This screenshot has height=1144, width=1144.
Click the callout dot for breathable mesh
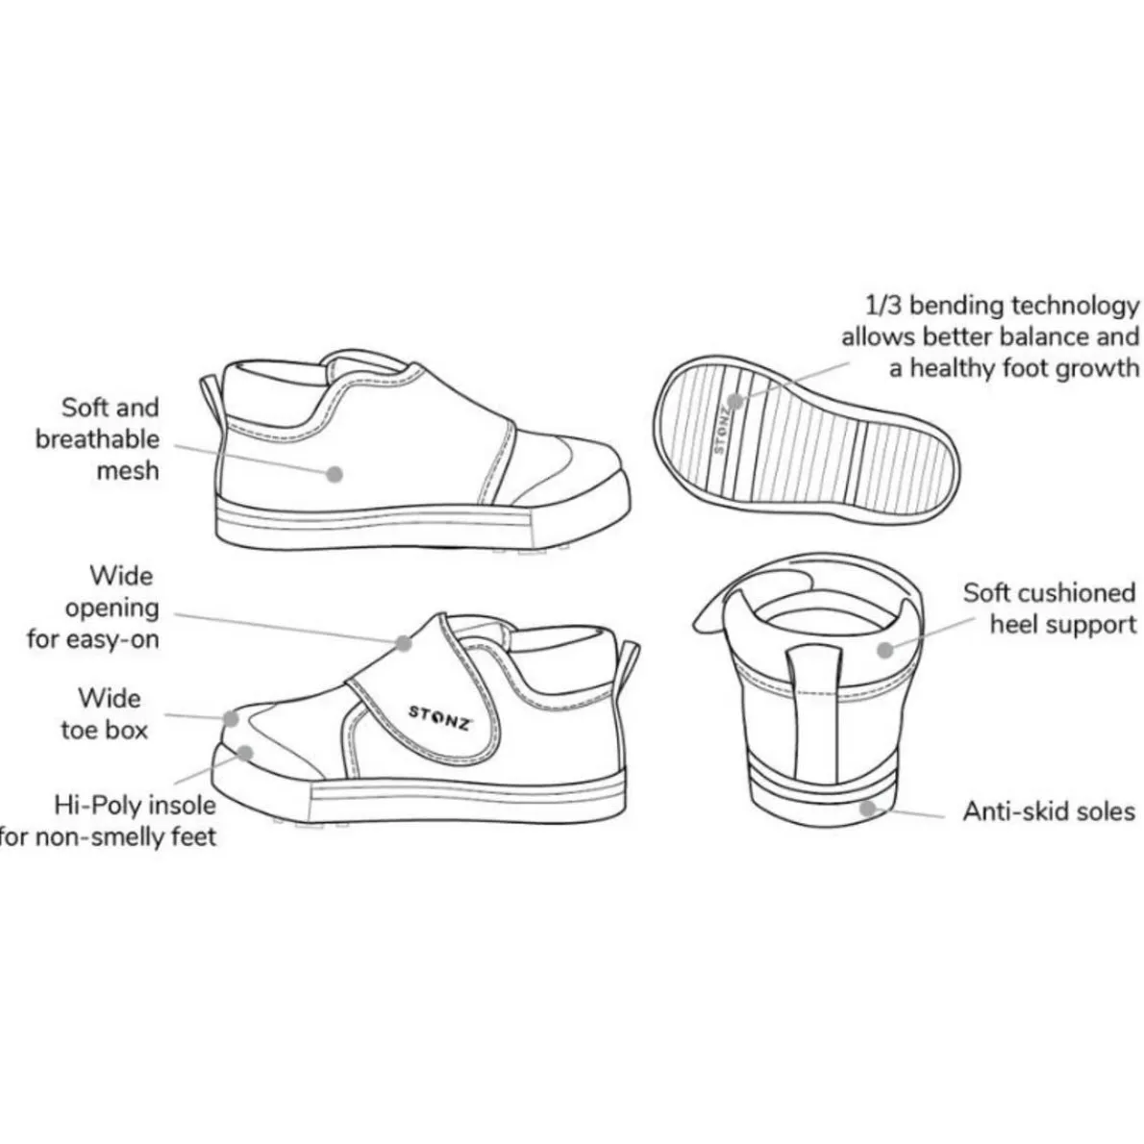(x=335, y=474)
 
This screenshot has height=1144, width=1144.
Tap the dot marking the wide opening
(x=404, y=643)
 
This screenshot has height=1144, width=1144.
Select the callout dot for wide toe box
(x=232, y=719)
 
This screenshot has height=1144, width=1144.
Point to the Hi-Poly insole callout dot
(x=246, y=753)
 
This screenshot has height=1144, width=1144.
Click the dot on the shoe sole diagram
(x=735, y=401)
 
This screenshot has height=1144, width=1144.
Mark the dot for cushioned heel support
(x=885, y=649)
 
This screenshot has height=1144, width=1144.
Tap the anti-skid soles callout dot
(x=867, y=808)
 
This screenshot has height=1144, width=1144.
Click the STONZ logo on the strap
(x=440, y=718)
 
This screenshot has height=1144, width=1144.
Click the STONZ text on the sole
(x=722, y=431)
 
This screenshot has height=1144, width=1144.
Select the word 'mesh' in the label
(x=128, y=471)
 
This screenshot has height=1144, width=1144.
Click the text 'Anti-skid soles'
(x=1049, y=811)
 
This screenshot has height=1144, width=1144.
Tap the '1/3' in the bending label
(x=883, y=305)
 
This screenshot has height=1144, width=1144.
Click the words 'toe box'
(x=105, y=730)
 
